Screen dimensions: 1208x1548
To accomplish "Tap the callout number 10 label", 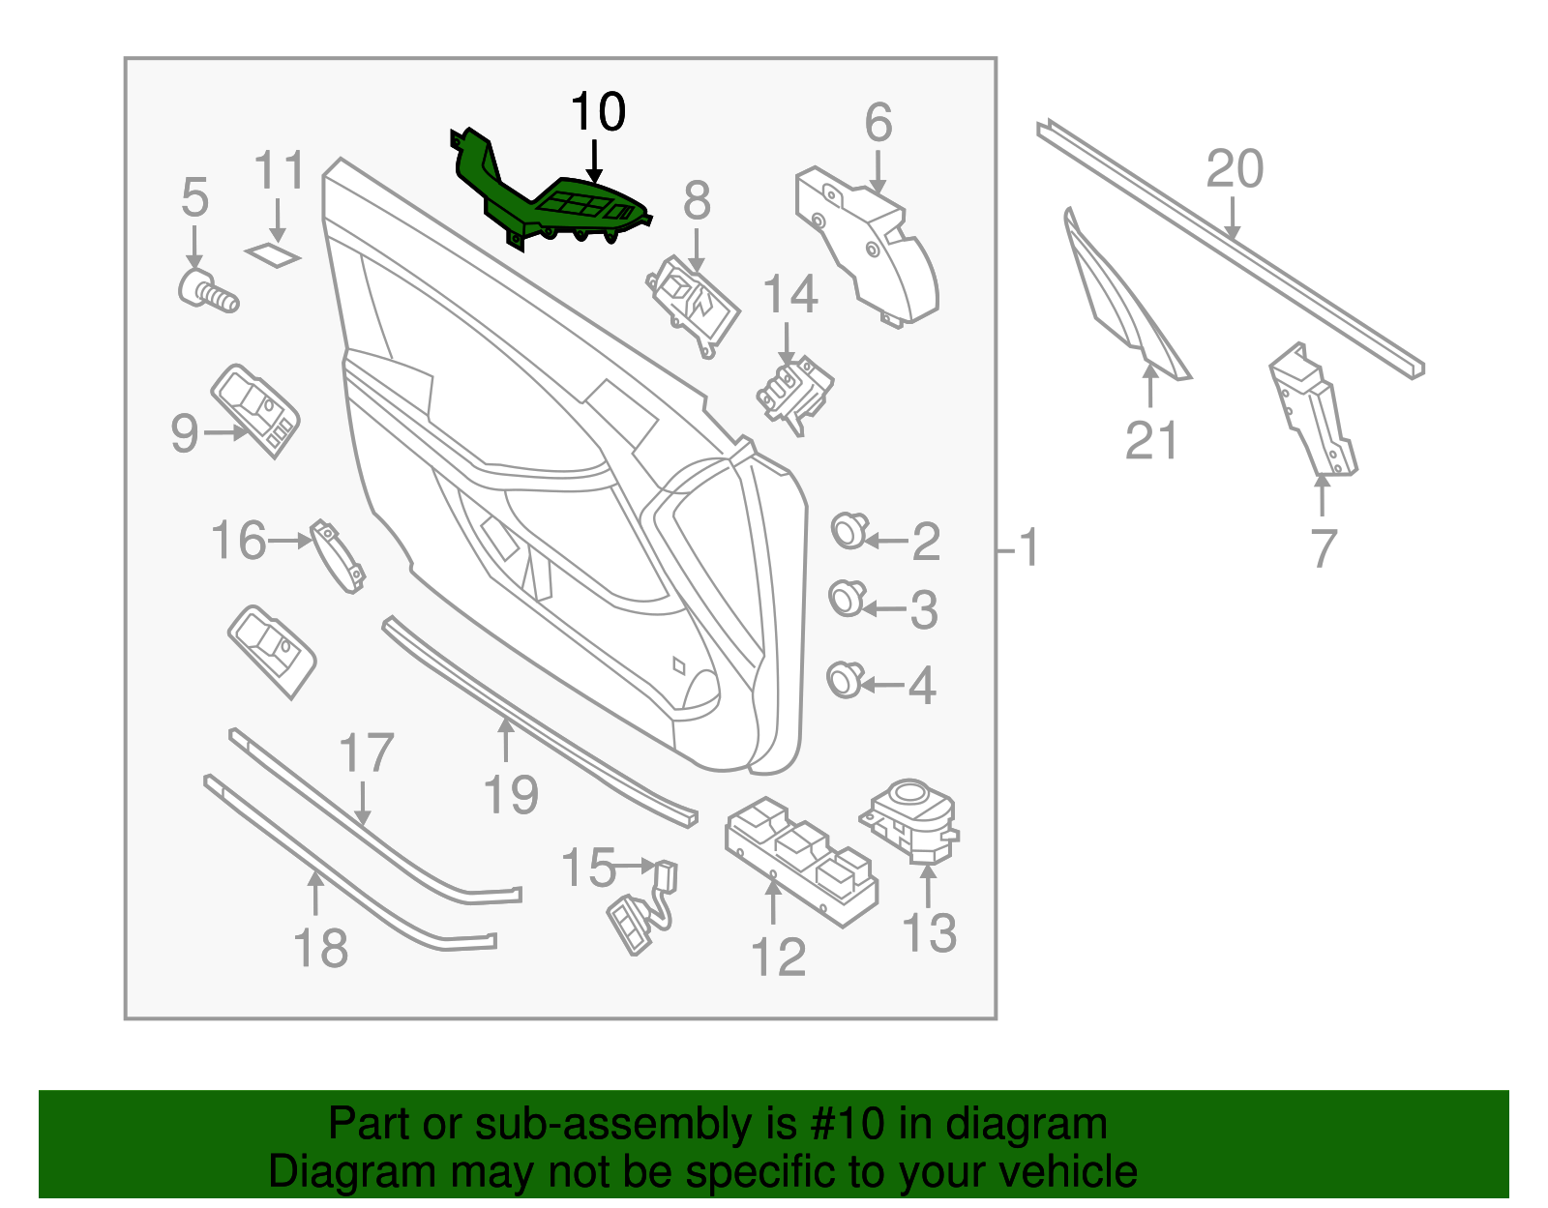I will (598, 112).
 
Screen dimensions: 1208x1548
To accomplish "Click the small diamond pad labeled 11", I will (274, 254).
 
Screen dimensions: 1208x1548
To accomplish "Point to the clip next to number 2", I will (848, 530).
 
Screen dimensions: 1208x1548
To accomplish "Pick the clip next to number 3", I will (846, 599).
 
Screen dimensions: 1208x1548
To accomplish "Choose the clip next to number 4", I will (844, 679).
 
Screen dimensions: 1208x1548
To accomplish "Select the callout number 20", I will (1235, 169).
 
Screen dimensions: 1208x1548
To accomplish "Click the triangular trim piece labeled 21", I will (1122, 295).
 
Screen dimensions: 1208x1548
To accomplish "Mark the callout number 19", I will (510, 795).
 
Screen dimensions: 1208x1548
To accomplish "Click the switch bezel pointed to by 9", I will (256, 410).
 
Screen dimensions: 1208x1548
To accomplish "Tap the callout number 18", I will (320, 948).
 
